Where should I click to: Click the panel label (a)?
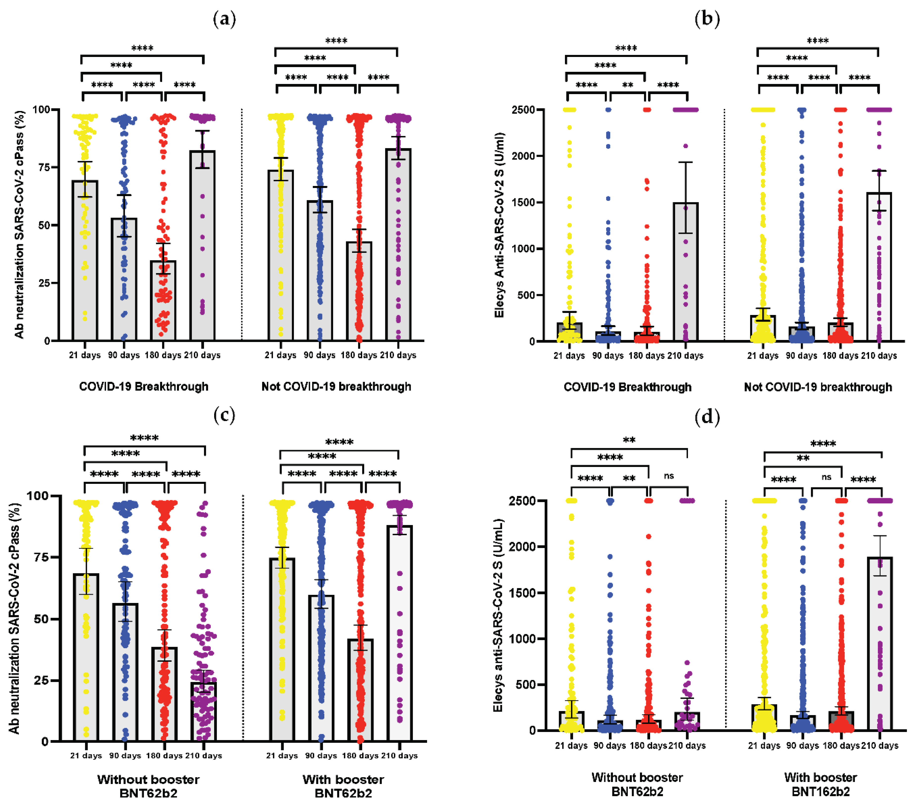coord(225,19)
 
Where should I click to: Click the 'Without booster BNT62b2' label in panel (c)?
coord(148,786)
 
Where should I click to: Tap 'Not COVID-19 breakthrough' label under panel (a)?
coord(336,386)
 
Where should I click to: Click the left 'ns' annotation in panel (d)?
coord(669,476)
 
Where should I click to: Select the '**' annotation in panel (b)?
coord(628,85)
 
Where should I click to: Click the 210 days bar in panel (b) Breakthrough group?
coord(686,272)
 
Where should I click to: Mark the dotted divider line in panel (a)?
coord(242,223)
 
